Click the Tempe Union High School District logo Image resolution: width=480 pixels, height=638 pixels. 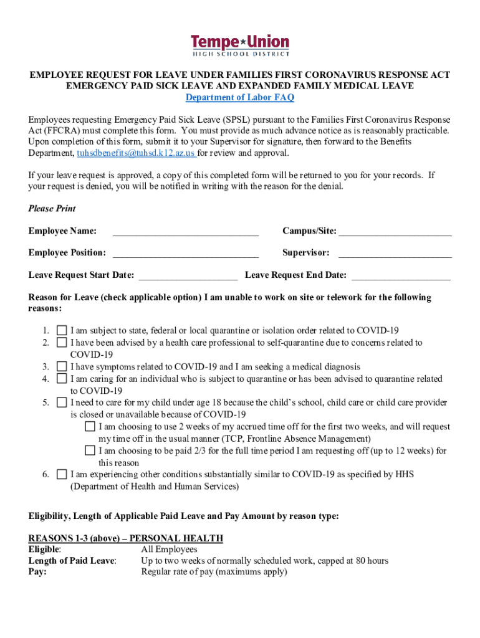[240, 45]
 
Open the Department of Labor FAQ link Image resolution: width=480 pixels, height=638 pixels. [240, 98]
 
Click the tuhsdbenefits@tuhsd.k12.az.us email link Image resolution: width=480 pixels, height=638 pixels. [136, 153]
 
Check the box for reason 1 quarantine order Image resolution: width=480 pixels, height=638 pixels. [62, 331]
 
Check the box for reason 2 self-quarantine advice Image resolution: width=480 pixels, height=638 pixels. [62, 343]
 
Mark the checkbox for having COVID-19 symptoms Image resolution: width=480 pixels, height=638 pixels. [62, 367]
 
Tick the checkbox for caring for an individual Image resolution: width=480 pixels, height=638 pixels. [62, 379]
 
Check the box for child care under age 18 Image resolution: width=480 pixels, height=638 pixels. [62, 402]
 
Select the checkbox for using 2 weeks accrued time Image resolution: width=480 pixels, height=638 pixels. [90, 427]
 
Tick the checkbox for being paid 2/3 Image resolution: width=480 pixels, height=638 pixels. [90, 450]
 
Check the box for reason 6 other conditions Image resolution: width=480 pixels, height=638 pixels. [62, 475]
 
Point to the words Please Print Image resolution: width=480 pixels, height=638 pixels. [52, 209]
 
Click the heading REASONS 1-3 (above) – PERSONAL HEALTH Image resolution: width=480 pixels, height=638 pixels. [126, 538]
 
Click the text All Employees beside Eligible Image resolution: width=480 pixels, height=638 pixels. [169, 550]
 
